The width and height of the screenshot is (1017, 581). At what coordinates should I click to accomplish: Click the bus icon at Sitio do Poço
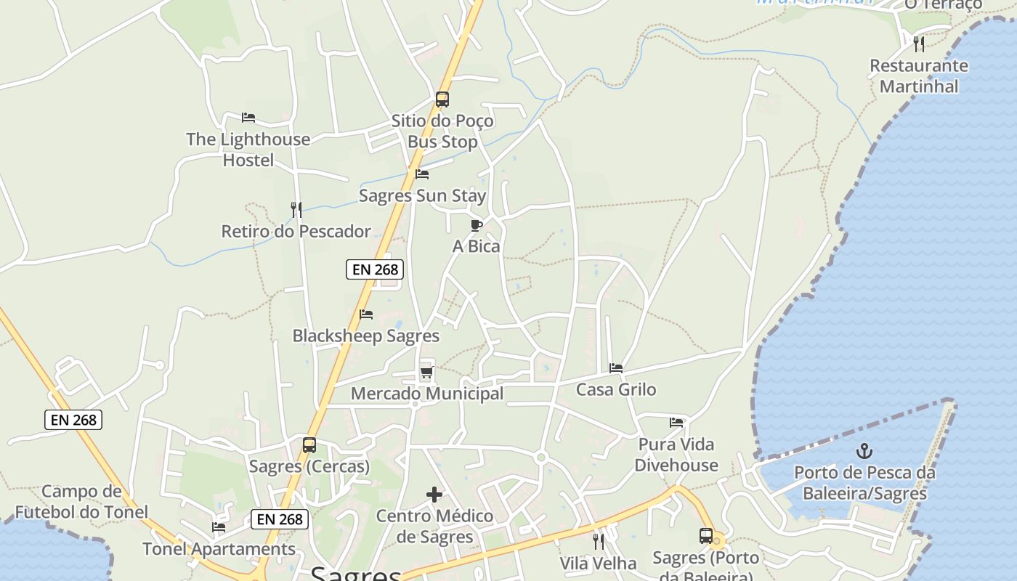[442, 99]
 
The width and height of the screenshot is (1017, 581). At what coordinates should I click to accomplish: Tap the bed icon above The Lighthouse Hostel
[248, 117]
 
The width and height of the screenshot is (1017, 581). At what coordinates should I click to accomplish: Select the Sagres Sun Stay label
[422, 196]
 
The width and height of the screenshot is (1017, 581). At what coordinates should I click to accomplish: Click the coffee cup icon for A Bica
[476, 226]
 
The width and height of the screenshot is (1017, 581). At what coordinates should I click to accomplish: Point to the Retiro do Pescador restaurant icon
[296, 210]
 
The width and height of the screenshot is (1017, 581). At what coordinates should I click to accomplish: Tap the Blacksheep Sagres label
[365, 336]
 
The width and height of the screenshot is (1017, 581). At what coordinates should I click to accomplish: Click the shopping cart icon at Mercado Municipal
[426, 373]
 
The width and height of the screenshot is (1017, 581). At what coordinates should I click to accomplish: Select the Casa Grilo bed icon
[616, 368]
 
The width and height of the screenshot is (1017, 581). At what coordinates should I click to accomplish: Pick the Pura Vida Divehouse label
[676, 455]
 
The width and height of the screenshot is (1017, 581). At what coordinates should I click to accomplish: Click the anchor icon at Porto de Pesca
[864, 451]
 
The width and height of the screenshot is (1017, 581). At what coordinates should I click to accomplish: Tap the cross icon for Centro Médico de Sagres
[434, 495]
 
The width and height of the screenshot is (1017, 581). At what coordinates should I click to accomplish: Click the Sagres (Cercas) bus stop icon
[309, 445]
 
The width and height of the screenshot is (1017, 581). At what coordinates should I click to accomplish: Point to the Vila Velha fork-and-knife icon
[598, 541]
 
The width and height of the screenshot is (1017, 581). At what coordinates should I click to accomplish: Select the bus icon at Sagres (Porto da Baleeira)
[705, 536]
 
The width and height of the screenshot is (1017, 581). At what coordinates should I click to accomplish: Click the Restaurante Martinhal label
[918, 76]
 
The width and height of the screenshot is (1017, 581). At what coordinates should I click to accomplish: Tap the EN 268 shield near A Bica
[375, 269]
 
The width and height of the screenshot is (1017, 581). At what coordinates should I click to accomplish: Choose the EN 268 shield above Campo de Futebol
[73, 420]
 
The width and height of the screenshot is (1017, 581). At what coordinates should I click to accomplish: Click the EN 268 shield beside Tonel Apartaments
[280, 519]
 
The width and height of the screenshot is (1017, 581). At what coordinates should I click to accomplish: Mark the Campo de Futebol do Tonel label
[81, 502]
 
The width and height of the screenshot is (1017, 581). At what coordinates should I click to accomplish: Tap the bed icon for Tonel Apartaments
[219, 527]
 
